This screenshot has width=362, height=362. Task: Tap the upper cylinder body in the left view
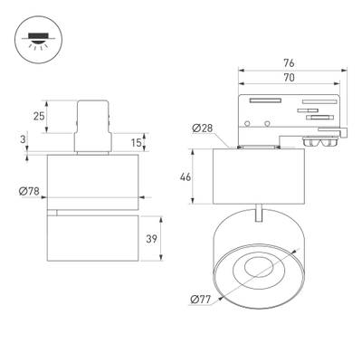(x=95, y=177)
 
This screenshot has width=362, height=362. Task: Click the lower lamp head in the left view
(x=95, y=237)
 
